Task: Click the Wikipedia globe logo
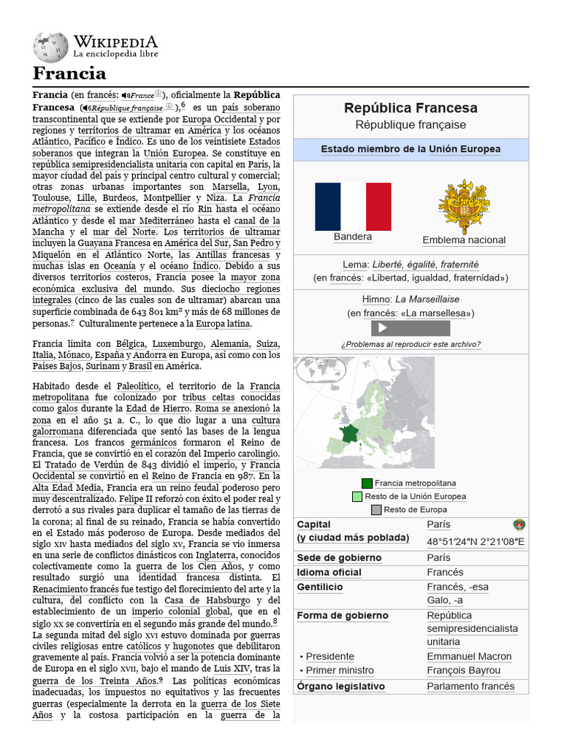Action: [x=50, y=47]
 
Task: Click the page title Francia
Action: [x=69, y=73]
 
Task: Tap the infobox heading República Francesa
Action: [x=411, y=108]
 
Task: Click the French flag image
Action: [x=353, y=206]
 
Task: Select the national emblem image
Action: [x=464, y=207]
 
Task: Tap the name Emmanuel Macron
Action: [x=469, y=656]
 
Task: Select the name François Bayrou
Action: [x=464, y=670]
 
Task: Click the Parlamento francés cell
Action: [x=470, y=686]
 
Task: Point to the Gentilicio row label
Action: [x=320, y=587]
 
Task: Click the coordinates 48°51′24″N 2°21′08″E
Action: [x=476, y=541]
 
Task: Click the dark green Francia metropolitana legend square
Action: [x=367, y=483]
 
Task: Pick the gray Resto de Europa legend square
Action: [x=376, y=509]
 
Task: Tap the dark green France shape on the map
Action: [x=343, y=436]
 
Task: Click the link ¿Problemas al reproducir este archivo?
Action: [x=411, y=344]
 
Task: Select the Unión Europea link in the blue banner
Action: [x=465, y=149]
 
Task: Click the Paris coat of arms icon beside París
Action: [x=519, y=524]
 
